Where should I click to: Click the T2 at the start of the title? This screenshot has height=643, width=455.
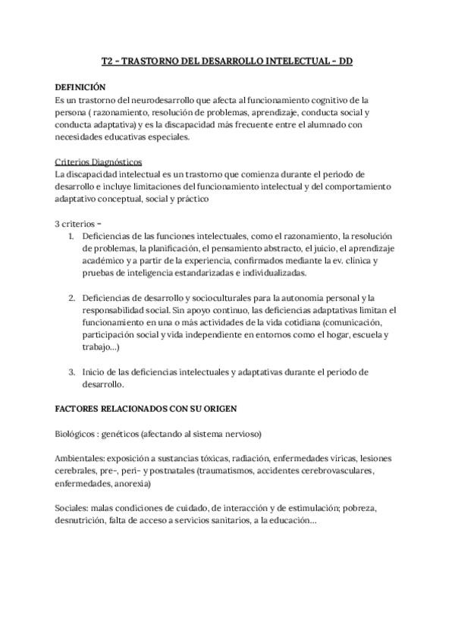tap(107, 62)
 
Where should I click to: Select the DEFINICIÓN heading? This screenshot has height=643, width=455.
tap(81, 86)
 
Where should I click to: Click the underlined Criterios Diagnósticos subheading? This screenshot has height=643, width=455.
tap(99, 162)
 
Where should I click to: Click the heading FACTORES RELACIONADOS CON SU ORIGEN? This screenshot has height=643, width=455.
tap(146, 408)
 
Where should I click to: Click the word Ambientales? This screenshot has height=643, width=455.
tap(80, 459)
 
